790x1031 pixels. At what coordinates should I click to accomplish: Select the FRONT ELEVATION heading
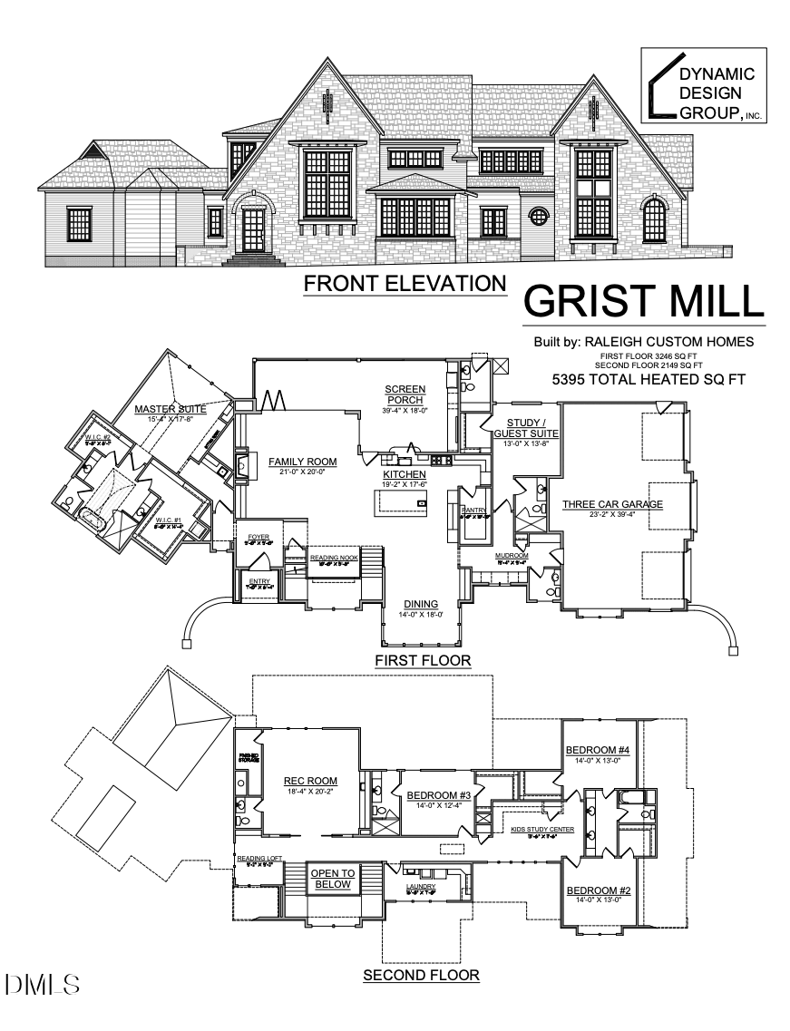click(x=405, y=283)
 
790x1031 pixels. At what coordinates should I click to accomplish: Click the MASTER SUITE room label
click(x=170, y=410)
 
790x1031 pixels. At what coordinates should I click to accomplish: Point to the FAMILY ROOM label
click(x=302, y=462)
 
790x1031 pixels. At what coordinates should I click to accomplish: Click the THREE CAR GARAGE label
click(x=613, y=504)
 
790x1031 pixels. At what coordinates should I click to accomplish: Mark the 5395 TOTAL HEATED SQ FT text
click(x=648, y=379)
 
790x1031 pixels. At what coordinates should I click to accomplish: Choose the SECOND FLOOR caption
click(x=421, y=976)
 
